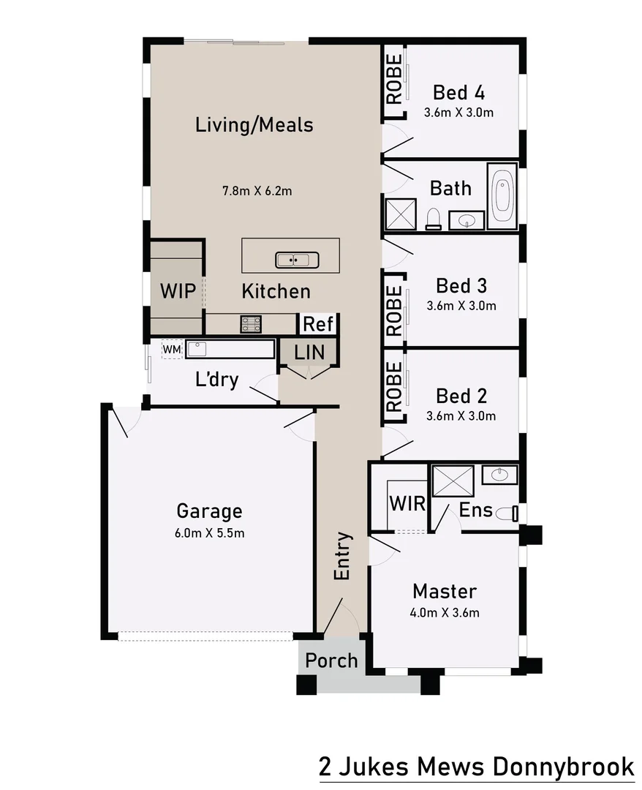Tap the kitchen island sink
coord(297,260)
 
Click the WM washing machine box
coord(171,350)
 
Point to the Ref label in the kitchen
coord(318,324)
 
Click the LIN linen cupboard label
coord(309,351)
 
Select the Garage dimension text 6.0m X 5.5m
coord(209,533)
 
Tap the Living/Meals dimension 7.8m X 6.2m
coord(257,192)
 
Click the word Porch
coord(331,661)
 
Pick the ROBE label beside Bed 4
coord(394,78)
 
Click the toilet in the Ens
coord(505,513)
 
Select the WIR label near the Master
coord(407,504)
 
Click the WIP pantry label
coord(178,291)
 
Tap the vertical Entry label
coord(343,557)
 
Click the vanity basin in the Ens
coord(501,475)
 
